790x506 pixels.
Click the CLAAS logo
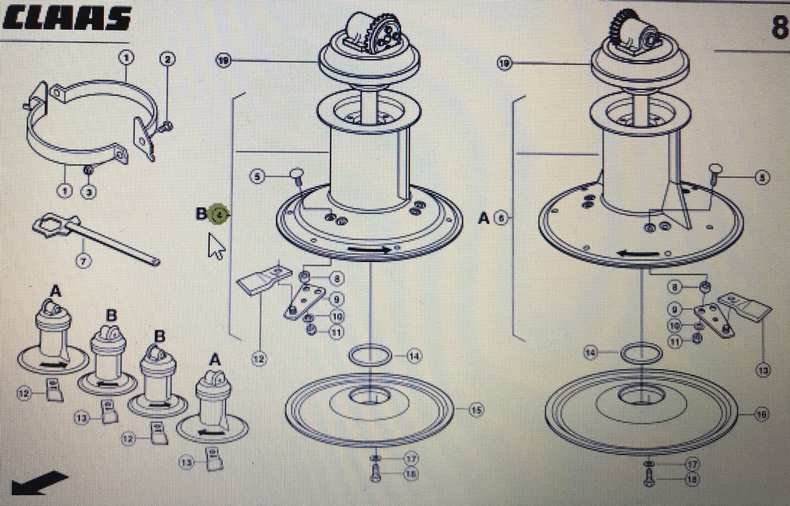(66, 19)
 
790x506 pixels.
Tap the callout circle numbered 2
(167, 59)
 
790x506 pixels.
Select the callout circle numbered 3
(89, 192)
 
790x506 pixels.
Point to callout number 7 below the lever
(83, 261)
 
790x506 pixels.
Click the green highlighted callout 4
(219, 214)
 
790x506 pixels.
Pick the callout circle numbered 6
(501, 218)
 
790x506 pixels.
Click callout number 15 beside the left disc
(476, 411)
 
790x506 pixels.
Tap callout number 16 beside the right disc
(761, 415)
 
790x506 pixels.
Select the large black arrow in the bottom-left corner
(39, 483)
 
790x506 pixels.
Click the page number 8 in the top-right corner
(779, 27)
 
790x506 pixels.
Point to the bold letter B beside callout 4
(201, 214)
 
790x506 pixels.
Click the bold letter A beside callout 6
(484, 218)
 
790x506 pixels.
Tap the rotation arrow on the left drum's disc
(370, 249)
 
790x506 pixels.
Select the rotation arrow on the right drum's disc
(637, 252)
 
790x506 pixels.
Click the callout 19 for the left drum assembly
(224, 60)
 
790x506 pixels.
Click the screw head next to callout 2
(167, 126)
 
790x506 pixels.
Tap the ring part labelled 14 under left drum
(369, 355)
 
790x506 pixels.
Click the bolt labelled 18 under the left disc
(376, 474)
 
